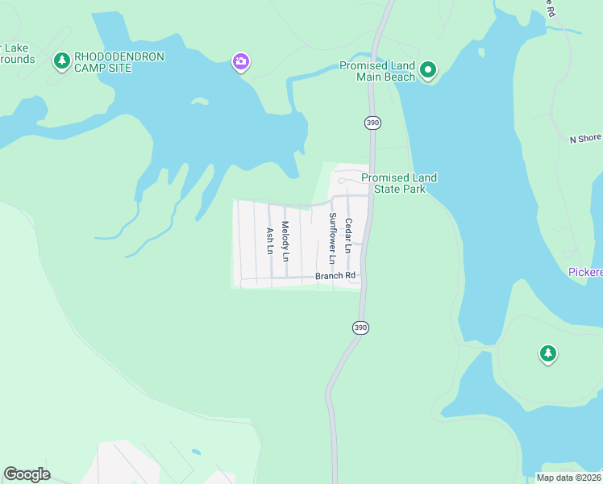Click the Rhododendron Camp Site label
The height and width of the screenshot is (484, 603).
click(x=119, y=62)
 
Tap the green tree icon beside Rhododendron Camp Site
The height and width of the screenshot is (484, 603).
click(x=61, y=60)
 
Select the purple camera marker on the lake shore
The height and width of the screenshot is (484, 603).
click(x=240, y=61)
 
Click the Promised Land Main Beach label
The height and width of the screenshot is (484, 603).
click(x=377, y=71)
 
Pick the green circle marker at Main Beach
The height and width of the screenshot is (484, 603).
click(x=429, y=71)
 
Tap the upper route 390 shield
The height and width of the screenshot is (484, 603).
click(x=372, y=123)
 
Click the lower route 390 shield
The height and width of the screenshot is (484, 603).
click(x=360, y=328)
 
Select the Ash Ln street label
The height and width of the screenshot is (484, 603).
click(x=270, y=240)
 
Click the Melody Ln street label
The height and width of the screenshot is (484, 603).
click(x=285, y=240)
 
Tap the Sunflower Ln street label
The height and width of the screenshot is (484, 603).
click(x=331, y=238)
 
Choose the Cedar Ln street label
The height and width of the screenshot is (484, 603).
click(x=348, y=236)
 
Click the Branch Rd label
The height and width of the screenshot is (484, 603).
click(x=335, y=276)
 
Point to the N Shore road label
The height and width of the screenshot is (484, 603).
click(x=585, y=139)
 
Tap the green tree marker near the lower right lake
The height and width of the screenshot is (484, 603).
click(x=548, y=353)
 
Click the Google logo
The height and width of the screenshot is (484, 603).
click(x=27, y=474)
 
